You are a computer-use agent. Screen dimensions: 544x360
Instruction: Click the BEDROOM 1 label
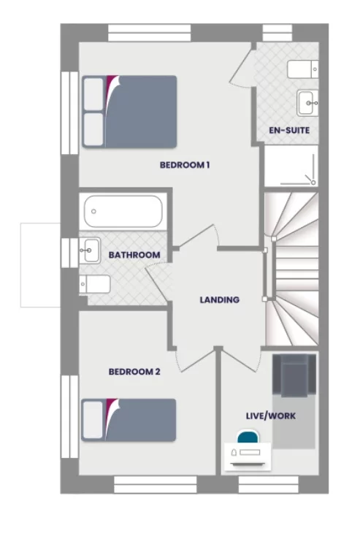[x=185, y=165]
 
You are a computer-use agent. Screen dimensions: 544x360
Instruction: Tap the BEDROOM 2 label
[x=134, y=372]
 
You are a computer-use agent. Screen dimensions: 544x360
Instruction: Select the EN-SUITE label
[x=289, y=131]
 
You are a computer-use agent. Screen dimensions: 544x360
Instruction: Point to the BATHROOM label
[x=134, y=255]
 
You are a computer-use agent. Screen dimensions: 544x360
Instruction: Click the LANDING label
[x=220, y=299]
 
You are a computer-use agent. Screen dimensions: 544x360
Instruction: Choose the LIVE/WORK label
[x=270, y=415]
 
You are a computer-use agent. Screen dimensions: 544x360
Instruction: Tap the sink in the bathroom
[x=90, y=250]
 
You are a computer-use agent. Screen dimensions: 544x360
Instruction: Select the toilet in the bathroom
[x=95, y=283]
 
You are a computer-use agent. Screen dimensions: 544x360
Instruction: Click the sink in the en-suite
[x=307, y=103]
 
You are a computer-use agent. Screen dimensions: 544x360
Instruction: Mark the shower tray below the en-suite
[x=291, y=166]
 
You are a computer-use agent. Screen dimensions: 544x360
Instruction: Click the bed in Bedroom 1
[x=130, y=110]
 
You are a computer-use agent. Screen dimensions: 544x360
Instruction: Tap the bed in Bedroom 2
[x=130, y=419]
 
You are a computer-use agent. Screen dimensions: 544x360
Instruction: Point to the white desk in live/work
[x=248, y=456]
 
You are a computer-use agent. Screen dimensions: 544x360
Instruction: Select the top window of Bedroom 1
[x=150, y=33]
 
